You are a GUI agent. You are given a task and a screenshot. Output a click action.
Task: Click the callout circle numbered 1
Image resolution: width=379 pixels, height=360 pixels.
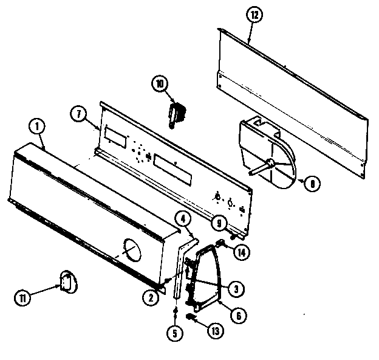pyautogui.click(x=37, y=128)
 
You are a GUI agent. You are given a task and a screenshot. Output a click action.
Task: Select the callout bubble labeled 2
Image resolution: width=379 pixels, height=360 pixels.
pyautogui.click(x=148, y=297)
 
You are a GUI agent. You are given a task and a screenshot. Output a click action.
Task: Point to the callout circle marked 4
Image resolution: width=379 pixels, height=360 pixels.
pyautogui.click(x=183, y=218)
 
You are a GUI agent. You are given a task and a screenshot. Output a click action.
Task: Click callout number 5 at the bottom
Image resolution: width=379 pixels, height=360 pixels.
pyautogui.click(x=176, y=333)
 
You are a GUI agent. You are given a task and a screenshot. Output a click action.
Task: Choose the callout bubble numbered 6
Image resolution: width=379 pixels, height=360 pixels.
pyautogui.click(x=239, y=314)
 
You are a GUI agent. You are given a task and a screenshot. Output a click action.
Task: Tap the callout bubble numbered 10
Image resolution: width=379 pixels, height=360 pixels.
pyautogui.click(x=160, y=84)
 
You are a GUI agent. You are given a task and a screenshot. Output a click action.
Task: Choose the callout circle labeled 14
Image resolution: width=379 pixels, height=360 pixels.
pyautogui.click(x=242, y=252)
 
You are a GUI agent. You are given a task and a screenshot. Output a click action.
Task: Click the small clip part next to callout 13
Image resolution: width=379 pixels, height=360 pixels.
pyautogui.click(x=192, y=317)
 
